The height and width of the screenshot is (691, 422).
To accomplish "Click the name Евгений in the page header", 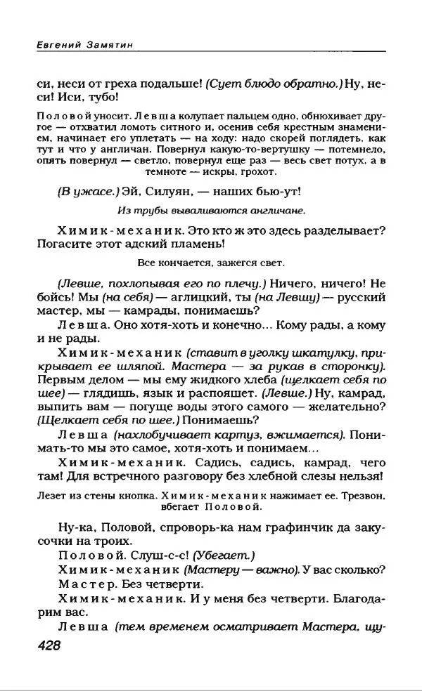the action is (x=54, y=44).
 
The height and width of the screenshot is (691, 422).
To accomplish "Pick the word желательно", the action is (x=347, y=405).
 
